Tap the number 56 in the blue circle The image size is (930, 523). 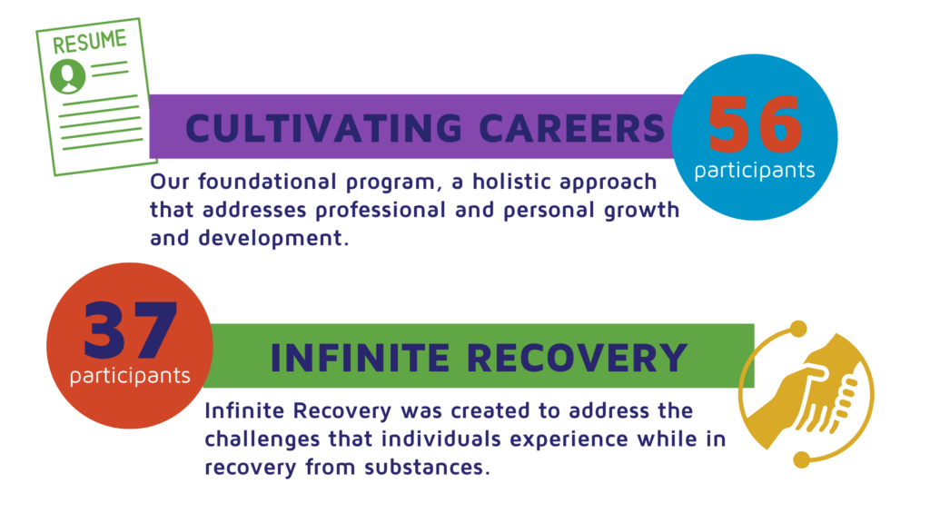tap(755, 126)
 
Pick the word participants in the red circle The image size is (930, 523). tap(130, 375)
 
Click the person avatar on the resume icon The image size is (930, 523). tap(66, 77)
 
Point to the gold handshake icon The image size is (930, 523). tap(806, 393)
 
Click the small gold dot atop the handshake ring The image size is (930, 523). tap(798, 328)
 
